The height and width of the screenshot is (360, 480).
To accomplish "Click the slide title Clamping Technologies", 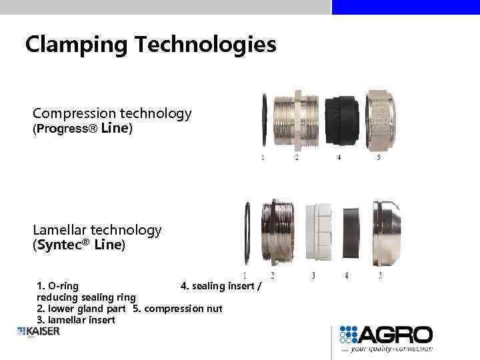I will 150,45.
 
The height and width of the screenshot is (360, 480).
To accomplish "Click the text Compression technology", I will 112,113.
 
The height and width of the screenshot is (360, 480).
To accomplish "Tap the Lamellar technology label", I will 97,230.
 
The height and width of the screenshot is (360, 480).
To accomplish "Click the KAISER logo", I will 39,331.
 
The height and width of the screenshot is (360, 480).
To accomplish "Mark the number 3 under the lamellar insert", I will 313,275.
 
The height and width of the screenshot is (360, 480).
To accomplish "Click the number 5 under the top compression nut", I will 379,158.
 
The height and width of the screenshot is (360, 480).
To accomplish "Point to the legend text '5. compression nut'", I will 177,309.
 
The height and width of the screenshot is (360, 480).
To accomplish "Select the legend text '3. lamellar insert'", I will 75,320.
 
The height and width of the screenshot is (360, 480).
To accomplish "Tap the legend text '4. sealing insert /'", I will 221,286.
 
